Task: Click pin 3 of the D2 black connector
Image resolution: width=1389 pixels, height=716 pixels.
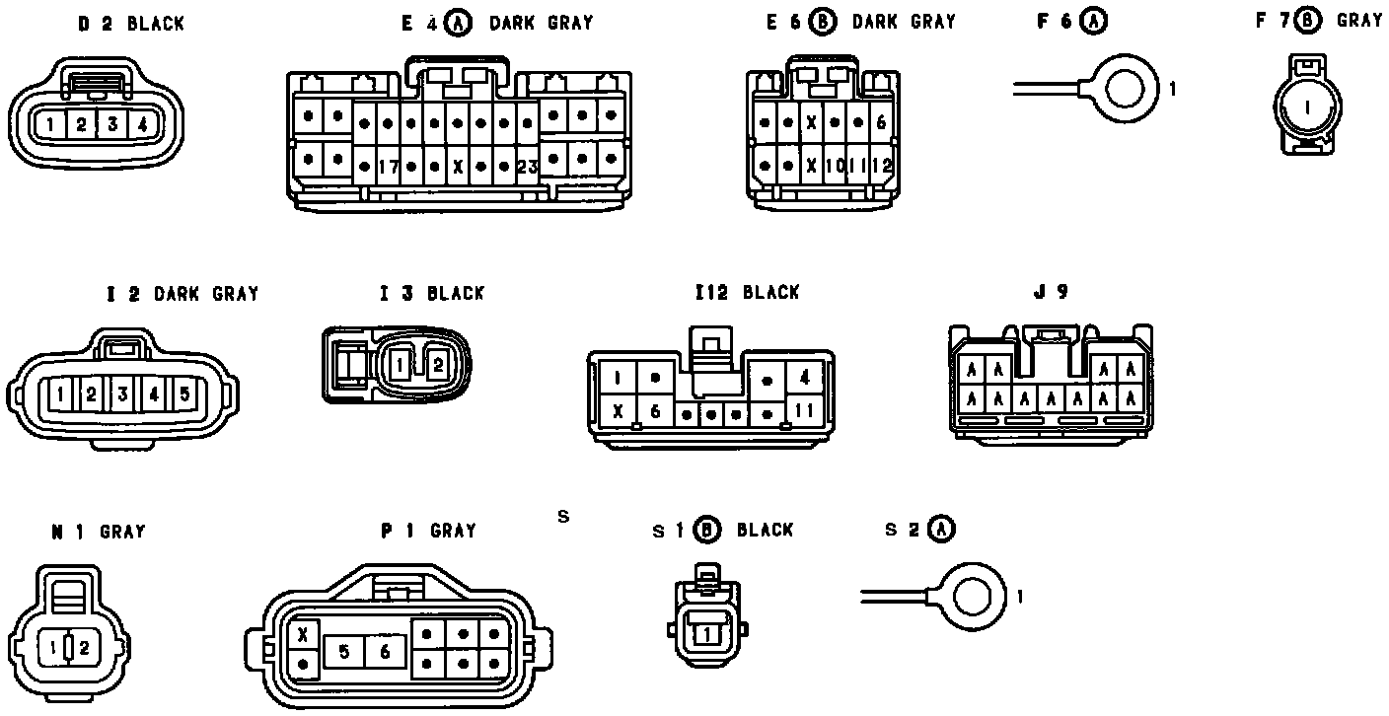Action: (112, 124)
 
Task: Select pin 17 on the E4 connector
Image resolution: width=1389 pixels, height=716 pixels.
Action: (387, 167)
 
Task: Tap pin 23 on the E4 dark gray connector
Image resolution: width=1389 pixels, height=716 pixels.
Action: (528, 167)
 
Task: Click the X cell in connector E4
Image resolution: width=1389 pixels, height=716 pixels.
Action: (458, 167)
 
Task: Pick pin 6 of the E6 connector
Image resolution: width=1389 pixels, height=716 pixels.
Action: (881, 123)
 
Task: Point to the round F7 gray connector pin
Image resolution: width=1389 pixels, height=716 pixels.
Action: (1307, 107)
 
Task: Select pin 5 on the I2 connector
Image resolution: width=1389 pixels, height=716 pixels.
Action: (184, 394)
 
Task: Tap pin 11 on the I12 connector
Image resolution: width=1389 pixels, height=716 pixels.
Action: (805, 409)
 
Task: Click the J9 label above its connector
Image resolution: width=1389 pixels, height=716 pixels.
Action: (1051, 292)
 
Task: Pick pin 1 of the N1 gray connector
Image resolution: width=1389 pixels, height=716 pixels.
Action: (51, 648)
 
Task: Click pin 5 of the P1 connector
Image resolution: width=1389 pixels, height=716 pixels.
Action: (344, 651)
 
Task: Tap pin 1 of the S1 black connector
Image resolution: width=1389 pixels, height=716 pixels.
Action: (706, 635)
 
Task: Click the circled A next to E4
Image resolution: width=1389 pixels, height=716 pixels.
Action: (458, 22)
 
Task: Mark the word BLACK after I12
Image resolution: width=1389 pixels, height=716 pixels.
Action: (771, 292)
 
